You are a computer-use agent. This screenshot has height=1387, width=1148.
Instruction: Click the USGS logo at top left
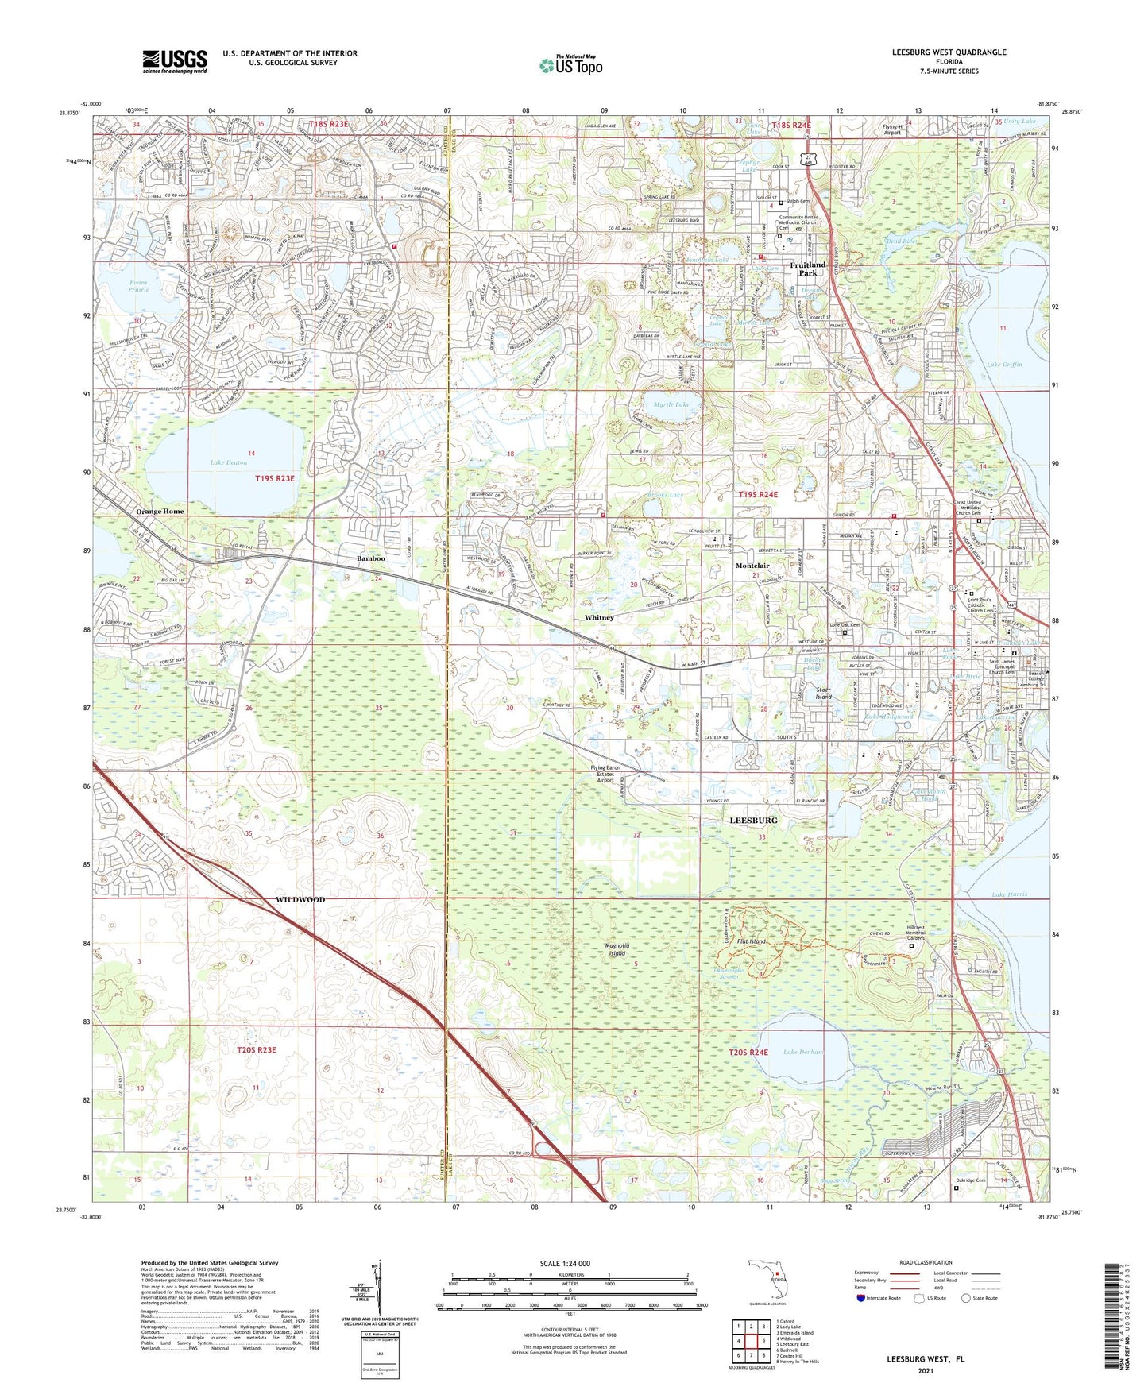click(175, 60)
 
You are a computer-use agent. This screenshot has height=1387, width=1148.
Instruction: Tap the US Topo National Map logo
click(570, 65)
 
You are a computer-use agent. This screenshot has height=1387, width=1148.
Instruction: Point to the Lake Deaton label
click(229, 462)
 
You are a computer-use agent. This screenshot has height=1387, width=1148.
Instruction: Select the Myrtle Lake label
click(671, 404)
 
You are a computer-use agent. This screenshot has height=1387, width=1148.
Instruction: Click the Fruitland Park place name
click(807, 269)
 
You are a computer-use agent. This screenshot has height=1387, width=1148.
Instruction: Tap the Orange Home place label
click(160, 512)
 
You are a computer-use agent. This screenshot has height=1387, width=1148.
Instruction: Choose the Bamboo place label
click(370, 558)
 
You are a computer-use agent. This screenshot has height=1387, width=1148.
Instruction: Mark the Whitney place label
click(599, 617)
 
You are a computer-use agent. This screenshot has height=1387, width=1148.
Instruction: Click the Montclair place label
click(752, 566)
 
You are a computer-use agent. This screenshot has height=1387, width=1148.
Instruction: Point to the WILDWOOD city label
click(300, 899)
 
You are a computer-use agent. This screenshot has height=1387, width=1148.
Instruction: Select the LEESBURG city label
click(753, 819)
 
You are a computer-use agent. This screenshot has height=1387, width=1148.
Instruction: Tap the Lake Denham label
click(803, 1052)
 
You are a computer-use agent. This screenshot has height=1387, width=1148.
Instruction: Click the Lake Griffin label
click(1004, 364)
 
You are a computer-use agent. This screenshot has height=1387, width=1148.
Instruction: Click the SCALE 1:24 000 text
click(565, 1264)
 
